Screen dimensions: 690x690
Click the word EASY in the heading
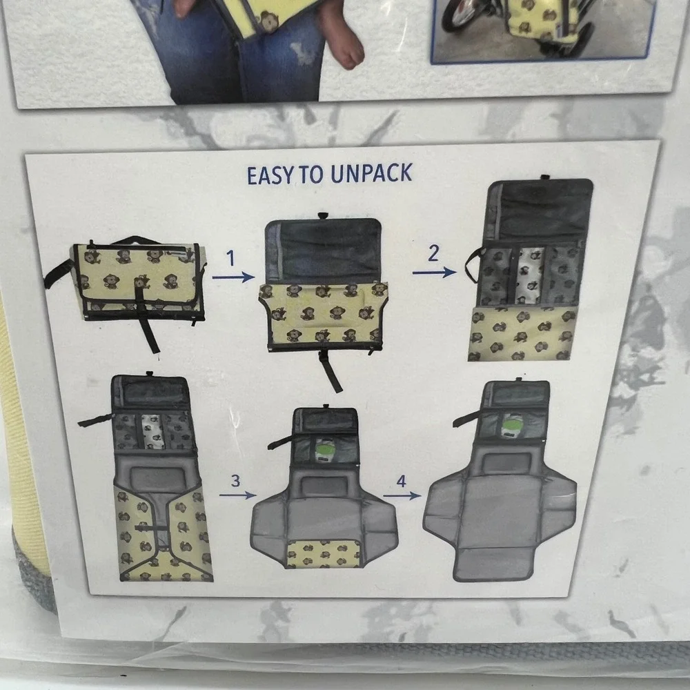click(x=270, y=176)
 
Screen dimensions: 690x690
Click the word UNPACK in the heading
click(x=372, y=173)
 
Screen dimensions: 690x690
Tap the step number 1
click(x=230, y=258)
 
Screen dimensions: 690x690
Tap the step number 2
click(x=433, y=253)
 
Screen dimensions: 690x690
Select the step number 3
click(x=236, y=480)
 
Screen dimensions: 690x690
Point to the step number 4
click(x=401, y=481)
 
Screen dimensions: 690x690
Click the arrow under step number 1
click(x=233, y=277)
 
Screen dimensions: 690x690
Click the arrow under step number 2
click(x=434, y=273)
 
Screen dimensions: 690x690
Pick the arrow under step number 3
click(x=237, y=495)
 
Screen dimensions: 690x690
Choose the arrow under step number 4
click(x=402, y=496)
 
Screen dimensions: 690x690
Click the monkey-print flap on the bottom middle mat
click(x=324, y=553)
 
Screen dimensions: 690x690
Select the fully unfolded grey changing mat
click(x=500, y=481)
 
